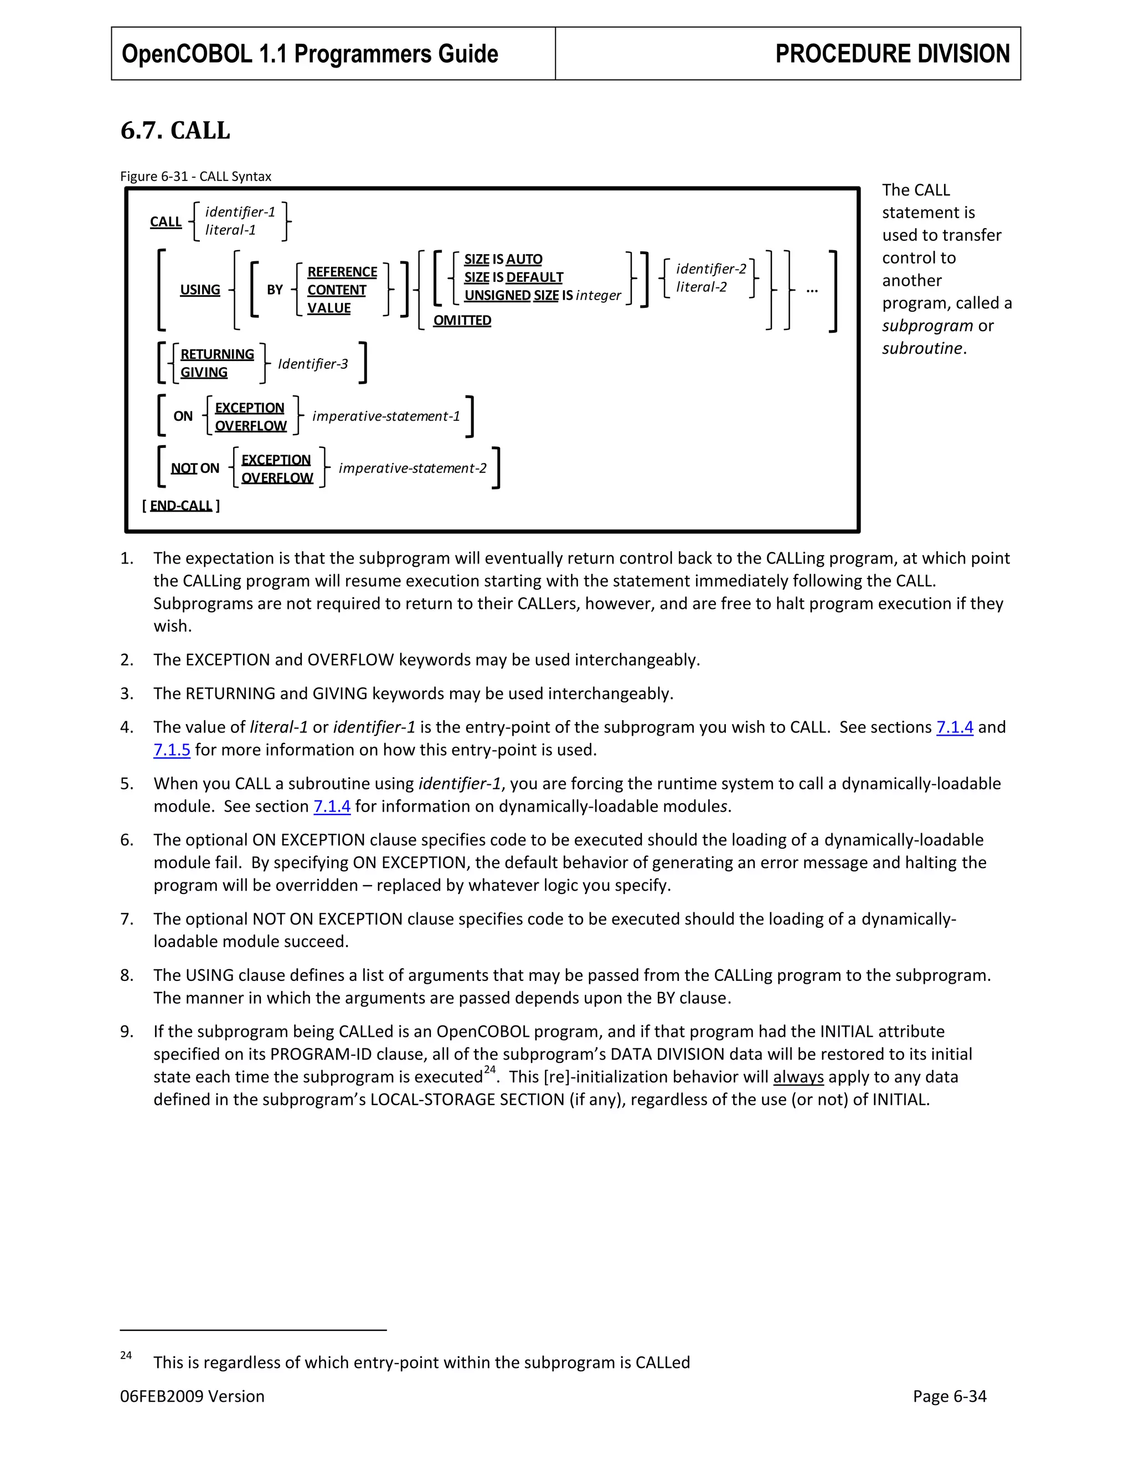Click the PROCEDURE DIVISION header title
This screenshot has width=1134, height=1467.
click(x=891, y=54)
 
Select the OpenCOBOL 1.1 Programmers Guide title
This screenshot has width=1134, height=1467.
click(x=310, y=54)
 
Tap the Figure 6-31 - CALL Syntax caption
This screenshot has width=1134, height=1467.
click(x=195, y=177)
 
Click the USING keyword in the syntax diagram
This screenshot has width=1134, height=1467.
click(x=199, y=290)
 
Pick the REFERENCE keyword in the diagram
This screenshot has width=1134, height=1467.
click(x=342, y=271)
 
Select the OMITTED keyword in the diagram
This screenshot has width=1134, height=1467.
click(x=462, y=321)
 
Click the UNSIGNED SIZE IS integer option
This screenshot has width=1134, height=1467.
click(x=542, y=296)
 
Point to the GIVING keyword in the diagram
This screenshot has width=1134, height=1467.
click(x=204, y=372)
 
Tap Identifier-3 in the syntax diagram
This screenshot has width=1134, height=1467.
click(x=312, y=364)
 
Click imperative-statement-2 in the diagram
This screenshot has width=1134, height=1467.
click(x=412, y=468)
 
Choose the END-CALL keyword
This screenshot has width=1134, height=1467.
click(x=181, y=506)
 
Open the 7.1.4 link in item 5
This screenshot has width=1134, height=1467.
click(x=332, y=806)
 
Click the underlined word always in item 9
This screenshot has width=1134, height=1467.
click(x=797, y=1077)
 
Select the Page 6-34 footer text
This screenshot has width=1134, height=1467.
click(x=949, y=1397)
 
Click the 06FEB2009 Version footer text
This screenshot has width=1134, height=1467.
click(x=192, y=1397)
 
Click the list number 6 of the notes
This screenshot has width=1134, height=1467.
click(x=126, y=840)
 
